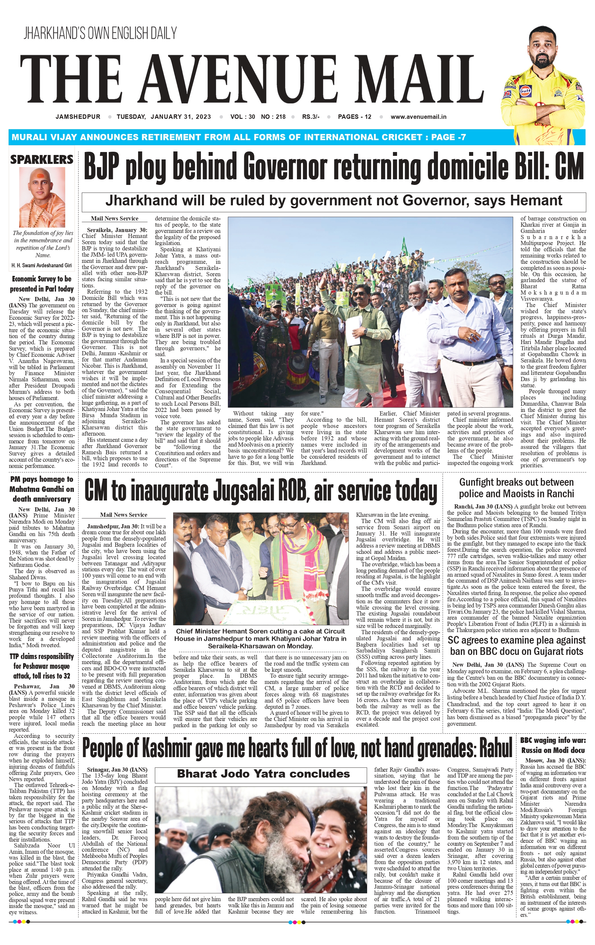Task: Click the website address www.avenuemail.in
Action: coord(418,116)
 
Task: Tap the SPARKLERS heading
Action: coord(41,160)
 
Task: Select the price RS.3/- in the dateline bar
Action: coord(311,116)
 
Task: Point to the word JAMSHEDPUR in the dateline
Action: coord(78,116)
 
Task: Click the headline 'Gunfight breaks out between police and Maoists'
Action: coord(516,488)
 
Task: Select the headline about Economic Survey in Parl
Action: coord(41,284)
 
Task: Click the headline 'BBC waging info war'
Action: coord(553,745)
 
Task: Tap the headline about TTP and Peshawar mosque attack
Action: coord(41,666)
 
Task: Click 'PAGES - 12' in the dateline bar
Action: coord(354,116)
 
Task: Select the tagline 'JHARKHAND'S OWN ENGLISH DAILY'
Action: coord(100,33)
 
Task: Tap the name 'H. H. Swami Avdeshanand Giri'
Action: coord(41,265)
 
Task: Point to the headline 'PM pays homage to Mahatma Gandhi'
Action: coord(41,489)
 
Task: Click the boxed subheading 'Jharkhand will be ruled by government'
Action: coord(334,201)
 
